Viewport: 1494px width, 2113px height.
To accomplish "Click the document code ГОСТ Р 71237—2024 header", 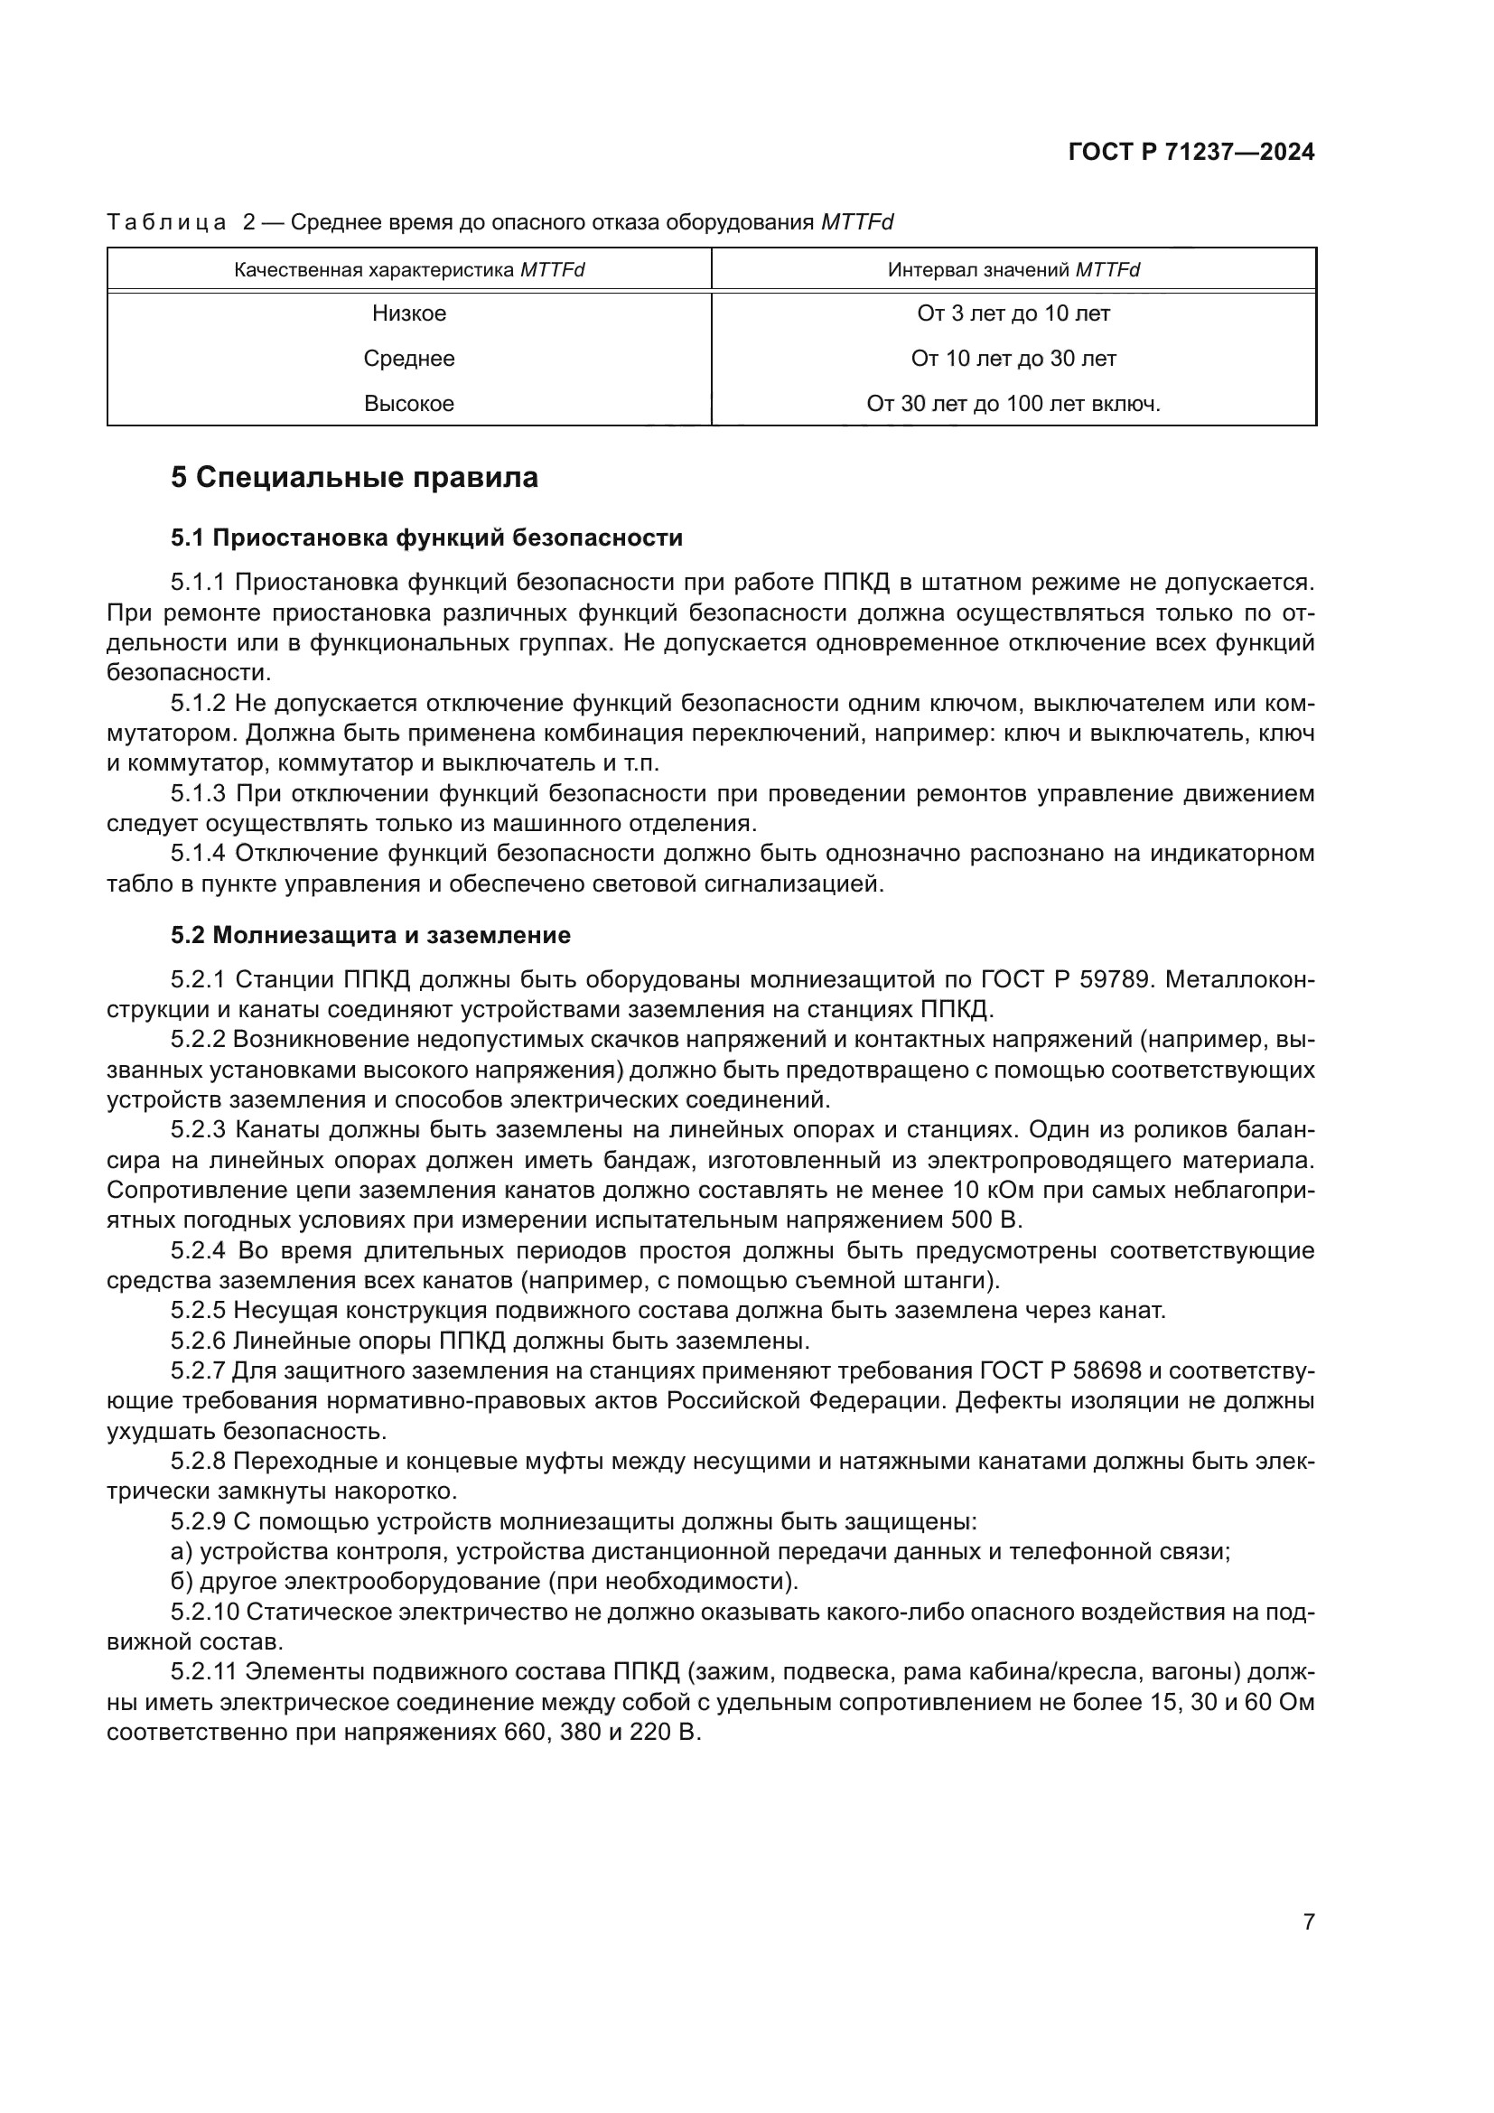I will [x=1191, y=153].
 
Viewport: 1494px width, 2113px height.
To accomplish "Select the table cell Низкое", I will [x=408, y=313].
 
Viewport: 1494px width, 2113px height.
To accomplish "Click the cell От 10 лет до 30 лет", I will [x=1013, y=359].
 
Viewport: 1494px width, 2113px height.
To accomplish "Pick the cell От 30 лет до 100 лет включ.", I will [x=1013, y=404].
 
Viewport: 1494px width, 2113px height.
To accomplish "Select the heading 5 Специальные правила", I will [x=354, y=478].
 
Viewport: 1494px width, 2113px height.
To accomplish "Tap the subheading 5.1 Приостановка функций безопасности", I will [x=426, y=538].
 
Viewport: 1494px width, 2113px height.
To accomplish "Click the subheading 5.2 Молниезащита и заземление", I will [x=369, y=936].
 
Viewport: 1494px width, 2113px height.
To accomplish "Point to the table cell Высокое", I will [x=408, y=404].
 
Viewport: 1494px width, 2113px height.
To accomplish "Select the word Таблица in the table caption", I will [x=166, y=223].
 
